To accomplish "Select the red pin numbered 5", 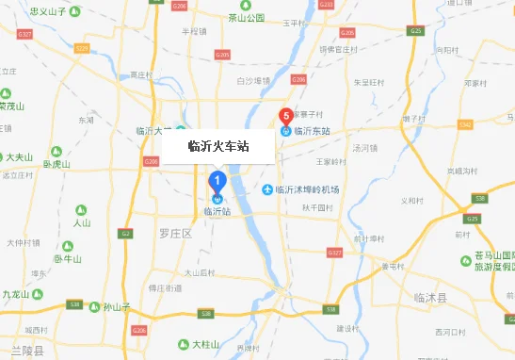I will [285, 117].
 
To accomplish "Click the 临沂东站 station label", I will [312, 131].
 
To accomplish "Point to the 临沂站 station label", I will [217, 212].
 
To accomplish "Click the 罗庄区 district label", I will [176, 232].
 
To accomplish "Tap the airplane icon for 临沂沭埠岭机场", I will [267, 190].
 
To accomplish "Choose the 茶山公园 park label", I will [247, 18].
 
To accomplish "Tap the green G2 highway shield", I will [126, 232].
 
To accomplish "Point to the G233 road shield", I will [326, 5].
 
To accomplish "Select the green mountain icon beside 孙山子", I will [93, 306].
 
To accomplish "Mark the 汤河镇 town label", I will [364, 148].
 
